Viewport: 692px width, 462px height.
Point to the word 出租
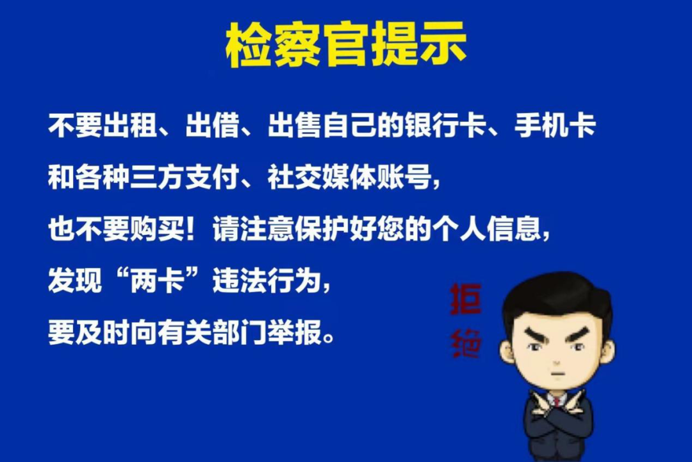point(129,126)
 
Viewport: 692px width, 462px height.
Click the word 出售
point(295,126)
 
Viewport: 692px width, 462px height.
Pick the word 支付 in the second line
point(212,177)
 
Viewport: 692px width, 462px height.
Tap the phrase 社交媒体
point(322,177)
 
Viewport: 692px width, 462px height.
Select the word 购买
point(157,229)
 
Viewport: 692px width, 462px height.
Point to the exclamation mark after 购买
point(191,229)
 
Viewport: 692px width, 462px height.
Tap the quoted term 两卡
point(157,280)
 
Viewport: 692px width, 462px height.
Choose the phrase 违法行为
point(267,280)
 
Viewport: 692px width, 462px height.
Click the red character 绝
point(465,343)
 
